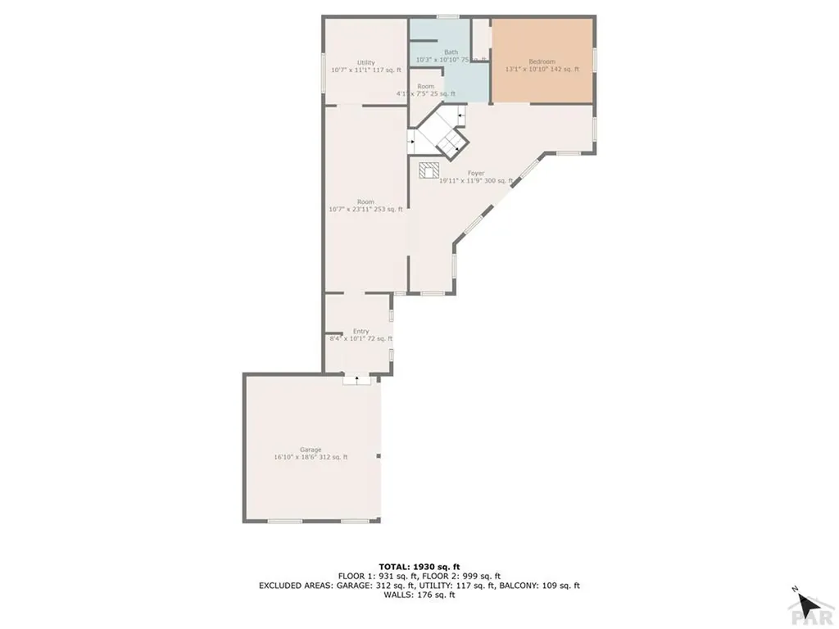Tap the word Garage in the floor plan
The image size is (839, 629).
[x=310, y=450]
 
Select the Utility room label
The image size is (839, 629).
[x=365, y=63]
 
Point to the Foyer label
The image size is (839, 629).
[x=476, y=174]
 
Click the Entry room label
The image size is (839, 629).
[x=361, y=332]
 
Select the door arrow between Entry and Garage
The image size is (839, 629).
[x=356, y=378]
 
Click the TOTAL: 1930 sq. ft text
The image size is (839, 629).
[x=419, y=566]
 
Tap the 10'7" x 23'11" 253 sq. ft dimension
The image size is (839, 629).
[x=365, y=210]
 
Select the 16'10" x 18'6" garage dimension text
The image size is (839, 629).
[x=311, y=457]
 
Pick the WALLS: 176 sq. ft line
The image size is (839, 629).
[x=419, y=595]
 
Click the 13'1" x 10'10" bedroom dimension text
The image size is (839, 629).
[x=542, y=70]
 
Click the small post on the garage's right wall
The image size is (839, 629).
[x=379, y=456]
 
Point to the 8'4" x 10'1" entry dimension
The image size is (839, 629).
[x=361, y=339]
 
